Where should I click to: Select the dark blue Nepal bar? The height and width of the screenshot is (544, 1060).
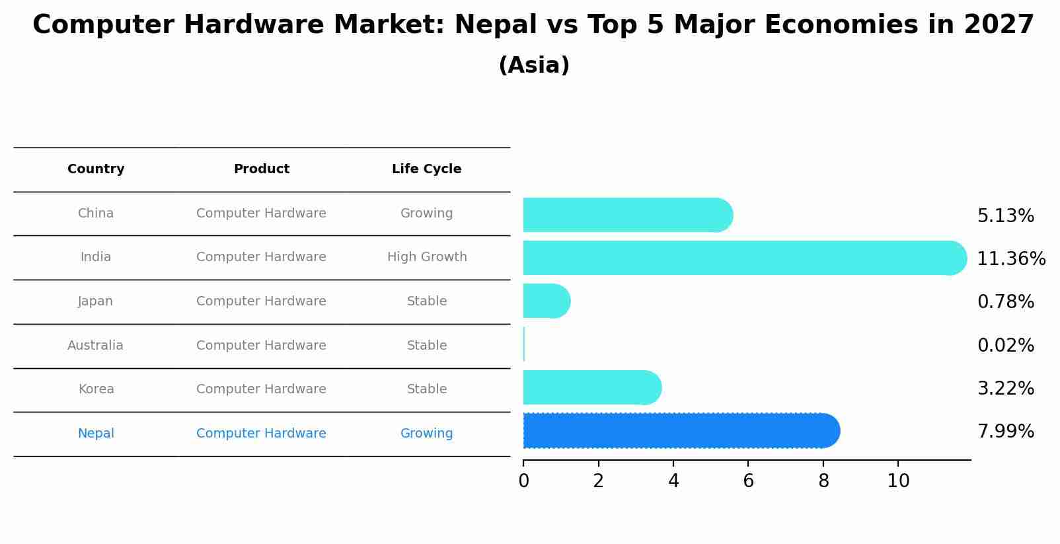[x=681, y=431]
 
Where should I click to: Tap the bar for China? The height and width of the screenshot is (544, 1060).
[x=628, y=215]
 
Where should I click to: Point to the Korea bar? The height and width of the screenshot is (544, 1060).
[x=591, y=387]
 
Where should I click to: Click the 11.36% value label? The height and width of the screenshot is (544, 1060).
[x=1010, y=259]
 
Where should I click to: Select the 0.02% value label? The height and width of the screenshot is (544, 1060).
[x=1005, y=346]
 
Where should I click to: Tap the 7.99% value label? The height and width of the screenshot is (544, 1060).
[x=1005, y=432]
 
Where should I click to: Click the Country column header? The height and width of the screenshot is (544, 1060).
[x=96, y=169]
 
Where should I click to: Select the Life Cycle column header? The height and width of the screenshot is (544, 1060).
[x=426, y=169]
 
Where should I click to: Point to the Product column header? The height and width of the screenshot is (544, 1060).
[x=261, y=169]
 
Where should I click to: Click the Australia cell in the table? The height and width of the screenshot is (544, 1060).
[x=95, y=346]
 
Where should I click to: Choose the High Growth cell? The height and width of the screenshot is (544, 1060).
[x=427, y=257]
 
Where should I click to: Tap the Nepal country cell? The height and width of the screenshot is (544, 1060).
[x=96, y=434]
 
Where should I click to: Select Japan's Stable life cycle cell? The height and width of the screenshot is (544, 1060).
[x=427, y=301]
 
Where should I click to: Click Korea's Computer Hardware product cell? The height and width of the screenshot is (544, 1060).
[x=261, y=389]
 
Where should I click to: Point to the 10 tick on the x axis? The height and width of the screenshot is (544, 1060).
[x=898, y=481]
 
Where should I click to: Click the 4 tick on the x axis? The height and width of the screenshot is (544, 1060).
[x=673, y=481]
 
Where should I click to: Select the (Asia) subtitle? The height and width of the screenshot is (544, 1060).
[x=534, y=65]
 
